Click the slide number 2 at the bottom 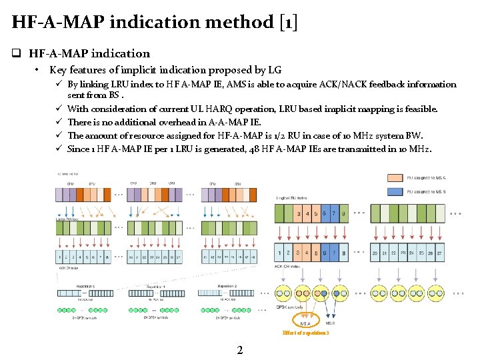pyautogui.click(x=239, y=351)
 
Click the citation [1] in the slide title pyautogui.click(x=287, y=22)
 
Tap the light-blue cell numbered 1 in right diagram pyautogui.click(x=280, y=253)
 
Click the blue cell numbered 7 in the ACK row pyautogui.click(x=333, y=253)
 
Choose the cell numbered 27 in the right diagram pyautogui.click(x=439, y=253)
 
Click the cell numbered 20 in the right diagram pyautogui.click(x=376, y=253)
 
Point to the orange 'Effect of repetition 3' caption pyautogui.click(x=306, y=333)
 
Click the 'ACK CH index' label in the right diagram pyautogui.click(x=288, y=267)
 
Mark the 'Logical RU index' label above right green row pyautogui.click(x=290, y=198)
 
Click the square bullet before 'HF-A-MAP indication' pyautogui.click(x=16, y=53)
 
